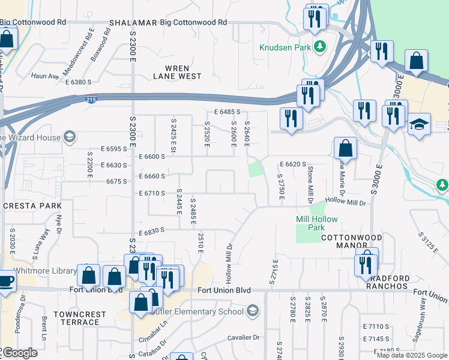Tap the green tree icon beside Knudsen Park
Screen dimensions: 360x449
coord(321,46)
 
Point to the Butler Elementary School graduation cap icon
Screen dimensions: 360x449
coord(252,311)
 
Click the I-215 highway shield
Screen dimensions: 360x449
coord(91,99)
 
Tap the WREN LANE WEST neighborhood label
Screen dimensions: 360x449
coord(176,72)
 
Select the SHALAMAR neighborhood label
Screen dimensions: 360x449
coord(133,23)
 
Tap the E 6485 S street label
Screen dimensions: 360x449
coord(227,112)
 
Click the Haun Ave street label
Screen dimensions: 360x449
coord(45,76)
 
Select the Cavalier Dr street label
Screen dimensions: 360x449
coord(243,338)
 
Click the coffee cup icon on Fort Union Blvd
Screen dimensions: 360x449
coord(6,280)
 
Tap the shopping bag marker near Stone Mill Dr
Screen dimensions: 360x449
coord(345,148)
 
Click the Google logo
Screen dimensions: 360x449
coord(19,353)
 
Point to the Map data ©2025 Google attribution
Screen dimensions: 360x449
coord(411,355)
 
